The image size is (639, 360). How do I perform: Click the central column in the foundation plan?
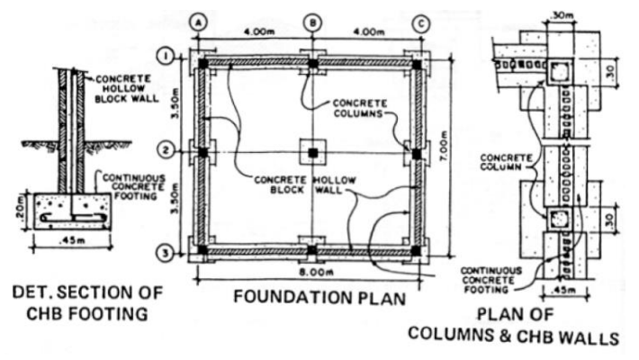pyautogui.click(x=312, y=152)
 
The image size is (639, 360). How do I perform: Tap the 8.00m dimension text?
pyautogui.click(x=312, y=269)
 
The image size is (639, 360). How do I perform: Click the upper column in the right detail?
pyautogui.click(x=560, y=71)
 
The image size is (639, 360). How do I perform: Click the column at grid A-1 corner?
pyautogui.click(x=204, y=64)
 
